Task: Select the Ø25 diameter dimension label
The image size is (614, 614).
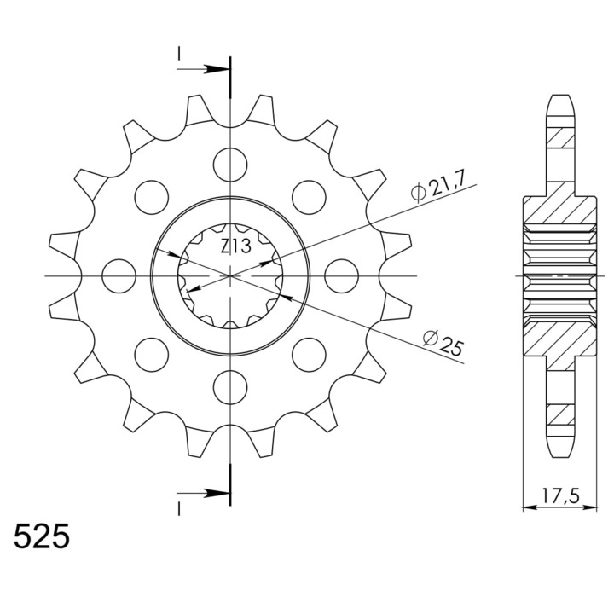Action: [443, 343]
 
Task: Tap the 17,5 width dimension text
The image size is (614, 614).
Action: [560, 496]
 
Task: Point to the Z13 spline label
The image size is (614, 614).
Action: [235, 246]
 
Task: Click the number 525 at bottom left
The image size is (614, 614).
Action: [42, 536]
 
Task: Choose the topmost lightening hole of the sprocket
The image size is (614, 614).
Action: [230, 165]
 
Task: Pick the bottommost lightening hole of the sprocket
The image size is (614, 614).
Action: [230, 388]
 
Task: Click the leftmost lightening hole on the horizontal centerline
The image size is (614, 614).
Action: [119, 276]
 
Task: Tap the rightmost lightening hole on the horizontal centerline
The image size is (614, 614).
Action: [342, 276]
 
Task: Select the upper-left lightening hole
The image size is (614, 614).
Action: [152, 197]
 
